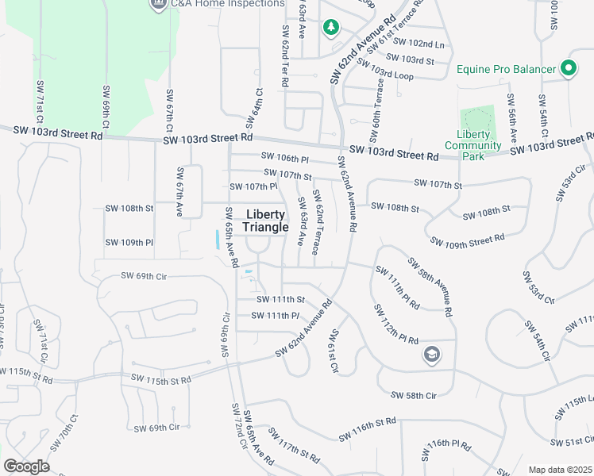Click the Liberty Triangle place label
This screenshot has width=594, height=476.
(x=265, y=221)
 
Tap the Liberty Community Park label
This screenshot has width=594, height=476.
(x=473, y=145)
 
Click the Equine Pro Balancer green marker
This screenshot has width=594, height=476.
(x=568, y=69)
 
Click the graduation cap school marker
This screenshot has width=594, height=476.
(x=432, y=354)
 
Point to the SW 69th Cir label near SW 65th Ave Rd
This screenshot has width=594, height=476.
(x=144, y=276)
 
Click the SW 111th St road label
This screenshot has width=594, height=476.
(x=280, y=299)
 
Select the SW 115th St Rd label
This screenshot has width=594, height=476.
(x=159, y=380)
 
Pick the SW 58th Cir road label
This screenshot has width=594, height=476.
(x=414, y=395)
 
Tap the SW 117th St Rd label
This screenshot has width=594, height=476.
(x=293, y=447)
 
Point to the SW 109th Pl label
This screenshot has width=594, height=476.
(x=129, y=242)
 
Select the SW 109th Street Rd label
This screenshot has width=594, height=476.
(x=467, y=240)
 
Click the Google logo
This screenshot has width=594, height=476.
(x=26, y=466)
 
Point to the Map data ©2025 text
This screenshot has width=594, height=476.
(x=560, y=470)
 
